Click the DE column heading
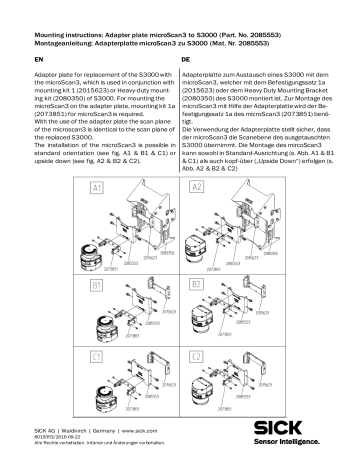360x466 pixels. tap(186, 59)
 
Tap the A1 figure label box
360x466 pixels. tap(71, 188)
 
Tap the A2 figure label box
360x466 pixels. tap(196, 188)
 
